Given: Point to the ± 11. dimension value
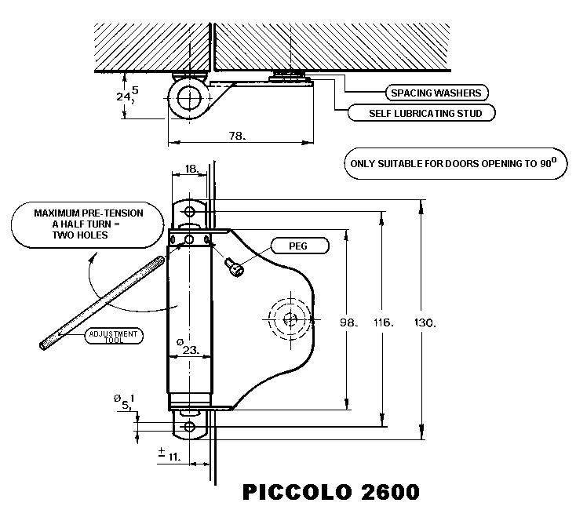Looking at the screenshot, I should coord(169,454).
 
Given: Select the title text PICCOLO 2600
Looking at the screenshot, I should coord(330,491).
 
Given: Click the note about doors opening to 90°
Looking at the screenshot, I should coord(454,164).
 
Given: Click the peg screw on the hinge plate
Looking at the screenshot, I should coord(236,268).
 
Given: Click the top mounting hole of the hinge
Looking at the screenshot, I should coord(188,211).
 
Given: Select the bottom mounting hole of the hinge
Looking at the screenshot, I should coord(188,426).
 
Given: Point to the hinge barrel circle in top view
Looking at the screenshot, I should coord(187,100).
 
